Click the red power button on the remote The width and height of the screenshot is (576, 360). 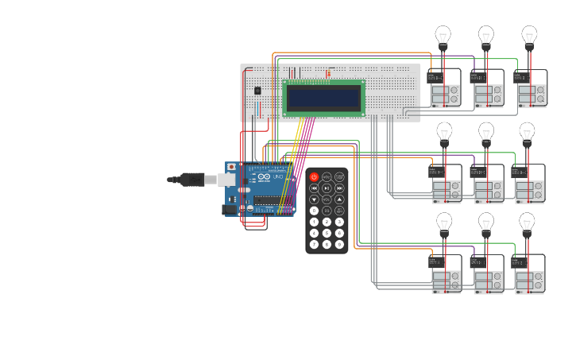[314, 177]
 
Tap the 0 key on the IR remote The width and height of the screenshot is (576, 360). [314, 211]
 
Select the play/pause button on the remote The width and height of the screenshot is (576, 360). [327, 188]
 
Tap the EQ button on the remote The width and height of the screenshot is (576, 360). [327, 211]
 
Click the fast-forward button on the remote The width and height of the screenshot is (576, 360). [339, 188]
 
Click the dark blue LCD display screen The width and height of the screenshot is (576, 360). [323, 98]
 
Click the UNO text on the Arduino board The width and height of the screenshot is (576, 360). [277, 177]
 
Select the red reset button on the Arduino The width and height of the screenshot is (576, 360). [231, 167]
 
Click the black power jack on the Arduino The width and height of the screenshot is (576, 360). [230, 210]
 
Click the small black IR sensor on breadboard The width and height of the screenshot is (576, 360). [257, 91]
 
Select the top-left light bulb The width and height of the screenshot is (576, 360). [443, 36]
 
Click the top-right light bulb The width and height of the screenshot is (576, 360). [529, 36]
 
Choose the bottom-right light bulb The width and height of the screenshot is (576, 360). [527, 223]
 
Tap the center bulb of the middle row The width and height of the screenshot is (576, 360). [486, 132]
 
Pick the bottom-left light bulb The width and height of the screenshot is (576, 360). [444, 223]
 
